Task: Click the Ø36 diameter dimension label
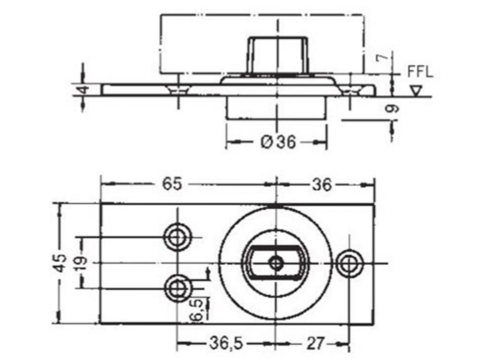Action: pyautogui.click(x=278, y=142)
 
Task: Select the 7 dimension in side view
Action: pyautogui.click(x=387, y=57)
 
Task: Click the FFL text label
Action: pyautogui.click(x=420, y=72)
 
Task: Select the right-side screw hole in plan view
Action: pyautogui.click(x=349, y=263)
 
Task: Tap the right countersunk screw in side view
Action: pyautogui.click(x=351, y=90)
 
